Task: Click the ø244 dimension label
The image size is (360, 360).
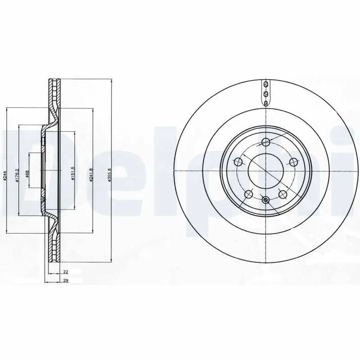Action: [4, 176]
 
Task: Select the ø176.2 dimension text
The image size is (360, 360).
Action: [16, 176]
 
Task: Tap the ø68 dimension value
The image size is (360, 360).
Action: [27, 175]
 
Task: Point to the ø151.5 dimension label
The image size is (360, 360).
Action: [72, 173]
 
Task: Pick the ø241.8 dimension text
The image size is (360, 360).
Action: [91, 175]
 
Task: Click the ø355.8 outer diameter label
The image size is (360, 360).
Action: [109, 175]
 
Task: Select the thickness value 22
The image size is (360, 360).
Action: [65, 272]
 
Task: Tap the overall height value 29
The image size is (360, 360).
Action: [65, 280]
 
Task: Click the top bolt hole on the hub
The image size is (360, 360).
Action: [265, 143]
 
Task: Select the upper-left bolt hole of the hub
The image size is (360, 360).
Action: [238, 162]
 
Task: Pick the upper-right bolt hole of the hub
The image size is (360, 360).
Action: [293, 162]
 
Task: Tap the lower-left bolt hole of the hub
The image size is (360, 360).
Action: [248, 194]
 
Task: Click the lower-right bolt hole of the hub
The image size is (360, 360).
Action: [283, 194]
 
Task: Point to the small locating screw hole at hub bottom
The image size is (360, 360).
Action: [265, 200]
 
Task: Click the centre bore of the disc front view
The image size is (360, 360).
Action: [265, 172]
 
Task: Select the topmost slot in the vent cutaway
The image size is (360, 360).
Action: [266, 84]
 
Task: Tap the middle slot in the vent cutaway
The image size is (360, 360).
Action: [266, 94]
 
